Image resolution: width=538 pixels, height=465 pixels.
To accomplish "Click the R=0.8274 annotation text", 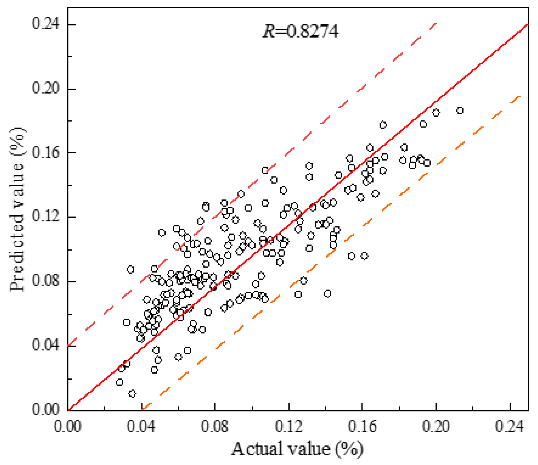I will click(x=301, y=32).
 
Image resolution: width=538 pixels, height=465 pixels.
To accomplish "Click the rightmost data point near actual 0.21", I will click(x=460, y=111).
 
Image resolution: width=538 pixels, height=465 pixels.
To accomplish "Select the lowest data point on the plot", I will click(x=132, y=394).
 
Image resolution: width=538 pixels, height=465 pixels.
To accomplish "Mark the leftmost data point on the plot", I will click(x=119, y=382).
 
